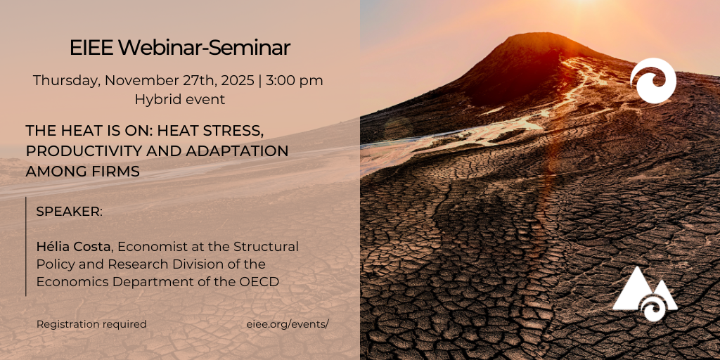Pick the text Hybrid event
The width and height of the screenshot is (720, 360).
180,99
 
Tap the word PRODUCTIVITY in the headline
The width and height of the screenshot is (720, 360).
72,150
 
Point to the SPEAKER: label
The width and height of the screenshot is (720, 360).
70,212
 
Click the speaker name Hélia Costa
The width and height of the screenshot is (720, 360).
74,247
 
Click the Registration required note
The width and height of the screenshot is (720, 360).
91,324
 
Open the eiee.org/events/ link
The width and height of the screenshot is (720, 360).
288,324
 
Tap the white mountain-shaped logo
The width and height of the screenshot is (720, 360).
645,294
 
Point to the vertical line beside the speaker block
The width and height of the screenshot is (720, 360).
26,247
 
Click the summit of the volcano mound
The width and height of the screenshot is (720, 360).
536,35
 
